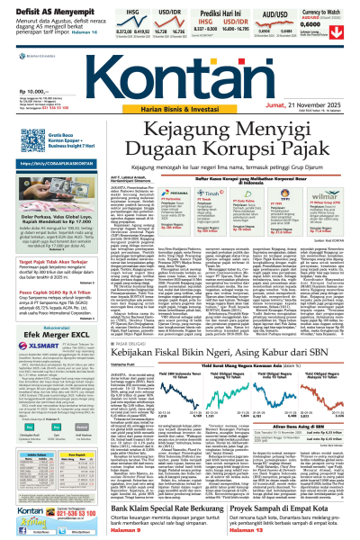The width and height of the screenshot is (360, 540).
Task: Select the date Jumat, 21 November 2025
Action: point(301,105)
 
